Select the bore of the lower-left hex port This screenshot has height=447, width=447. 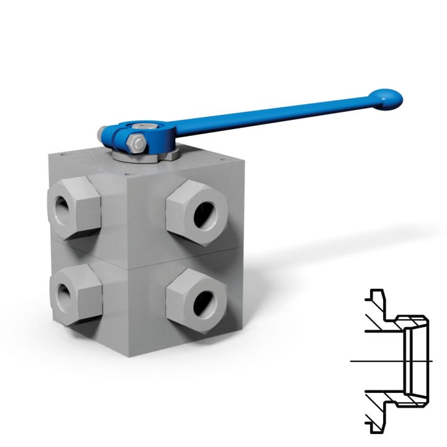pos(62,292)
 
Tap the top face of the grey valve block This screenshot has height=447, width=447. pos(143,168)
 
